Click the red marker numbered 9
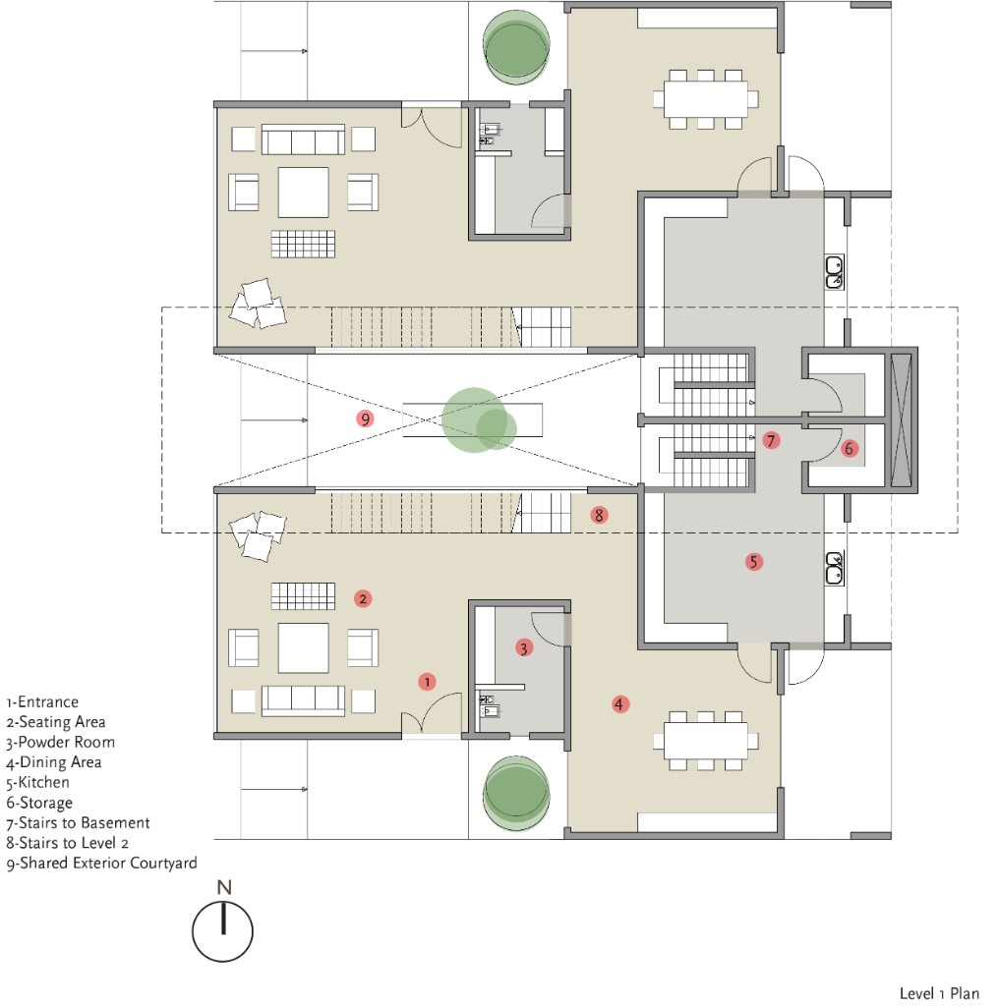tap(366, 419)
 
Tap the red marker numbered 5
tap(754, 563)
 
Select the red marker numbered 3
tap(524, 647)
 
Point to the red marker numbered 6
tap(851, 448)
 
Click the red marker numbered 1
tap(427, 680)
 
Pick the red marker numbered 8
tap(600, 514)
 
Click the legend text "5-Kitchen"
tap(38, 783)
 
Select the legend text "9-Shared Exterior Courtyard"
tap(101, 864)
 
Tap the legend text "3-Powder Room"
tap(60, 743)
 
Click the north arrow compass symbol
tap(223, 931)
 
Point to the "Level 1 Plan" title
tap(938, 993)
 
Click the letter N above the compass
tap(224, 887)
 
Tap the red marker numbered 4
tap(619, 703)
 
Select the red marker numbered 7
tap(771, 439)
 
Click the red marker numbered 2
tap(363, 597)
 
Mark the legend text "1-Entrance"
tap(41, 702)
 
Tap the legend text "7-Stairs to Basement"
tap(78, 823)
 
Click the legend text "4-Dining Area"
tap(53, 762)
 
